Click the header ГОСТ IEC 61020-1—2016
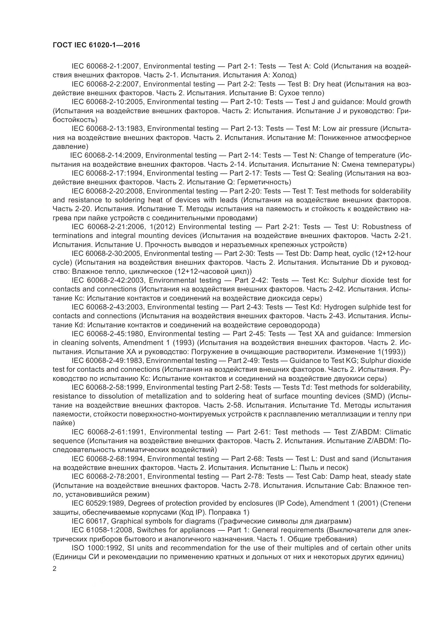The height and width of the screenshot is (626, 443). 96,45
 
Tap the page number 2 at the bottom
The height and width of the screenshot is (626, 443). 55,569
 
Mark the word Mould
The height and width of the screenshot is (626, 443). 377,102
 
